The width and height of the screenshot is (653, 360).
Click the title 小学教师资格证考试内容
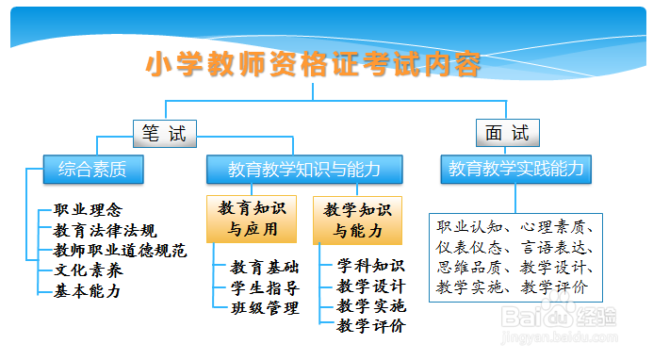pyautogui.click(x=314, y=65)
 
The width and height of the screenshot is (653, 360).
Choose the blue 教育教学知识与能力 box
pyautogui.click(x=303, y=170)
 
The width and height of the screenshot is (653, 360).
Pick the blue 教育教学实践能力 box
pyautogui.click(x=515, y=170)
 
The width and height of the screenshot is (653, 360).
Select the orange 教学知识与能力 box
pyautogui.click(x=357, y=220)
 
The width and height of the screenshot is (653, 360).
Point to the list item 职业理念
pyautogui.click(x=88, y=210)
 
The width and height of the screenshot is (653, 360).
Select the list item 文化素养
pyautogui.click(x=88, y=270)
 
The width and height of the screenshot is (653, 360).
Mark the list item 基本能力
pyautogui.click(x=88, y=290)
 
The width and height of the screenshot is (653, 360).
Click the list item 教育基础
pyautogui.click(x=265, y=267)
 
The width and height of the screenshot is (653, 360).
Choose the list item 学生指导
pyautogui.click(x=265, y=287)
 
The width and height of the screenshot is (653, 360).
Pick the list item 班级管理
pyautogui.click(x=265, y=307)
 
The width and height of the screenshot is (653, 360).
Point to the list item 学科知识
pyautogui.click(x=370, y=266)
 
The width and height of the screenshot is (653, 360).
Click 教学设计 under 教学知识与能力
pyautogui.click(x=370, y=286)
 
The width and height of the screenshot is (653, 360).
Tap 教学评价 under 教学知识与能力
pyautogui.click(x=370, y=326)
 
